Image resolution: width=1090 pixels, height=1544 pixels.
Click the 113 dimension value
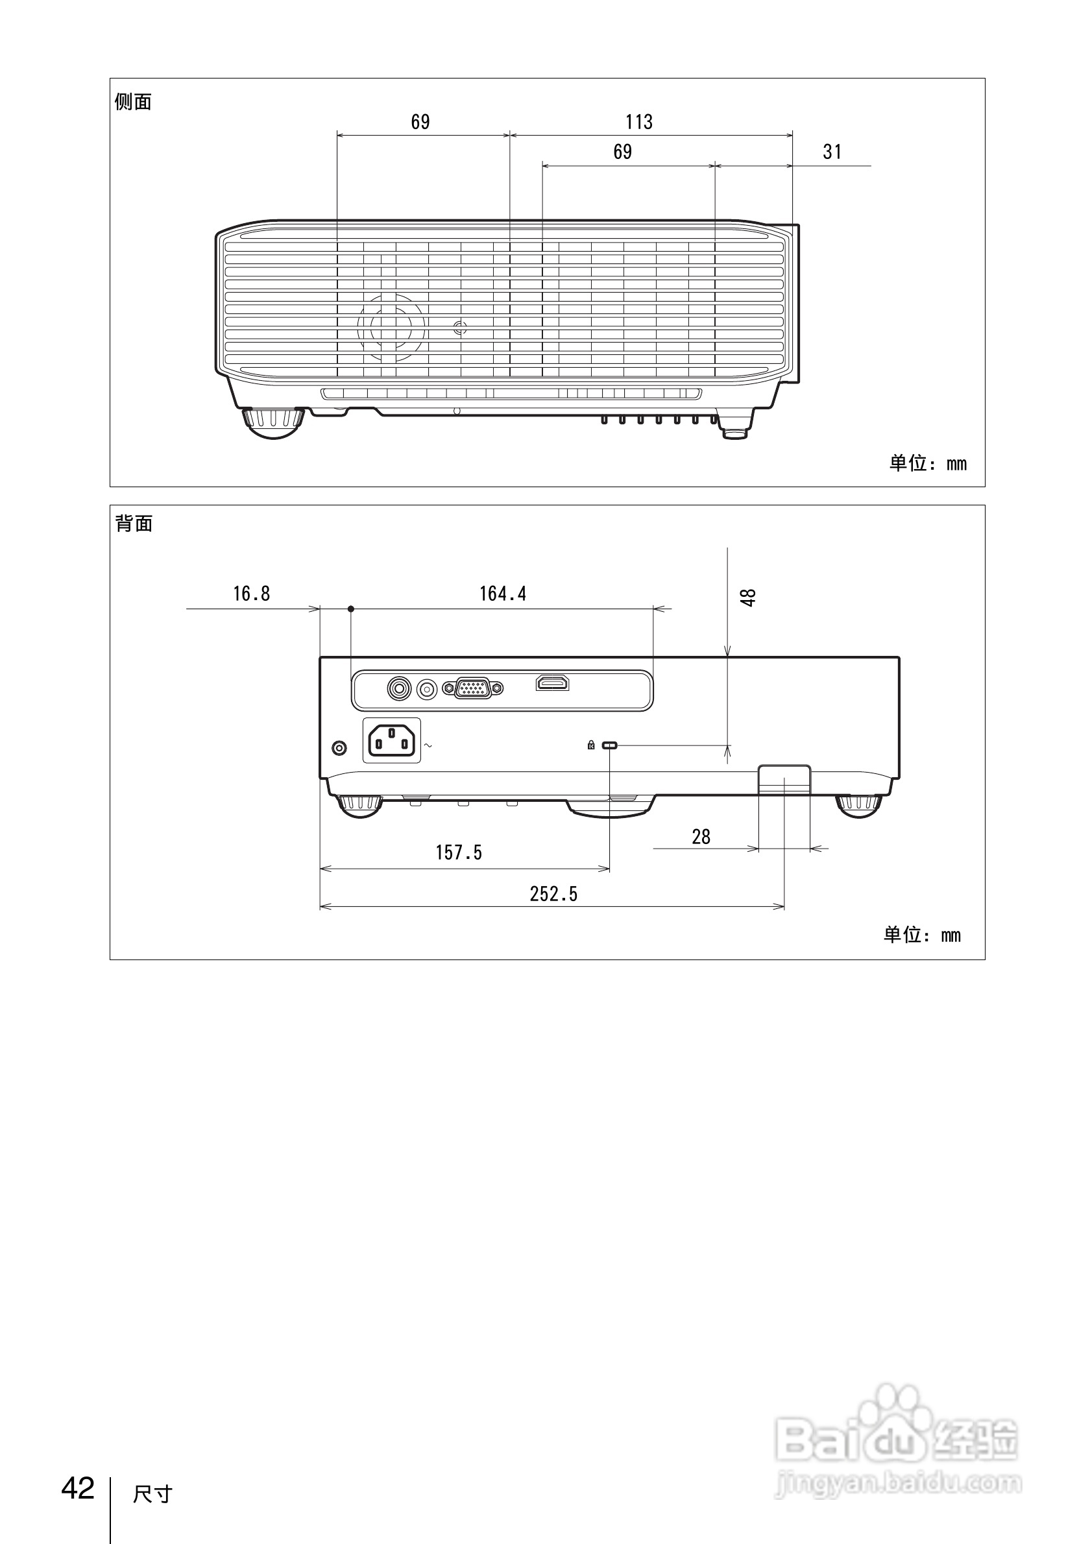click(x=639, y=122)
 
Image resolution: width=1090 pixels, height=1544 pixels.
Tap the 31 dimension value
click(x=832, y=152)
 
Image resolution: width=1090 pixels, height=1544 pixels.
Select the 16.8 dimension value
click(x=252, y=593)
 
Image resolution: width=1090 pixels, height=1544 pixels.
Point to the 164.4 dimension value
click(x=502, y=593)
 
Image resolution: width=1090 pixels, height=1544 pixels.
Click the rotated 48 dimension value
click(x=747, y=596)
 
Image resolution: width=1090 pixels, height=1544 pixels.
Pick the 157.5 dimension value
click(x=459, y=852)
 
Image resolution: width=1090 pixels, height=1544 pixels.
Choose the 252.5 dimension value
click(x=553, y=894)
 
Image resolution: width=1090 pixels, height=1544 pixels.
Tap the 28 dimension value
click(x=701, y=837)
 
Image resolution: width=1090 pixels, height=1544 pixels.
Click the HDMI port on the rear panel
click(x=552, y=683)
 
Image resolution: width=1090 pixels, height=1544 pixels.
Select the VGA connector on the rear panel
click(x=472, y=688)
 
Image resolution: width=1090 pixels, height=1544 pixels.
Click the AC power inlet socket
click(x=391, y=740)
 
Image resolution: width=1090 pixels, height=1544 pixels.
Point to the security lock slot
click(x=610, y=745)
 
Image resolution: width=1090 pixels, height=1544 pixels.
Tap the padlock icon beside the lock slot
click(x=591, y=745)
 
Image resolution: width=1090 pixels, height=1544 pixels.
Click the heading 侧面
click(x=133, y=103)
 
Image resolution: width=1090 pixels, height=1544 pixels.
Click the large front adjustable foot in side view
click(x=273, y=422)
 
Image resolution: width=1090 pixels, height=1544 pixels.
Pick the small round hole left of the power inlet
click(x=339, y=747)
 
